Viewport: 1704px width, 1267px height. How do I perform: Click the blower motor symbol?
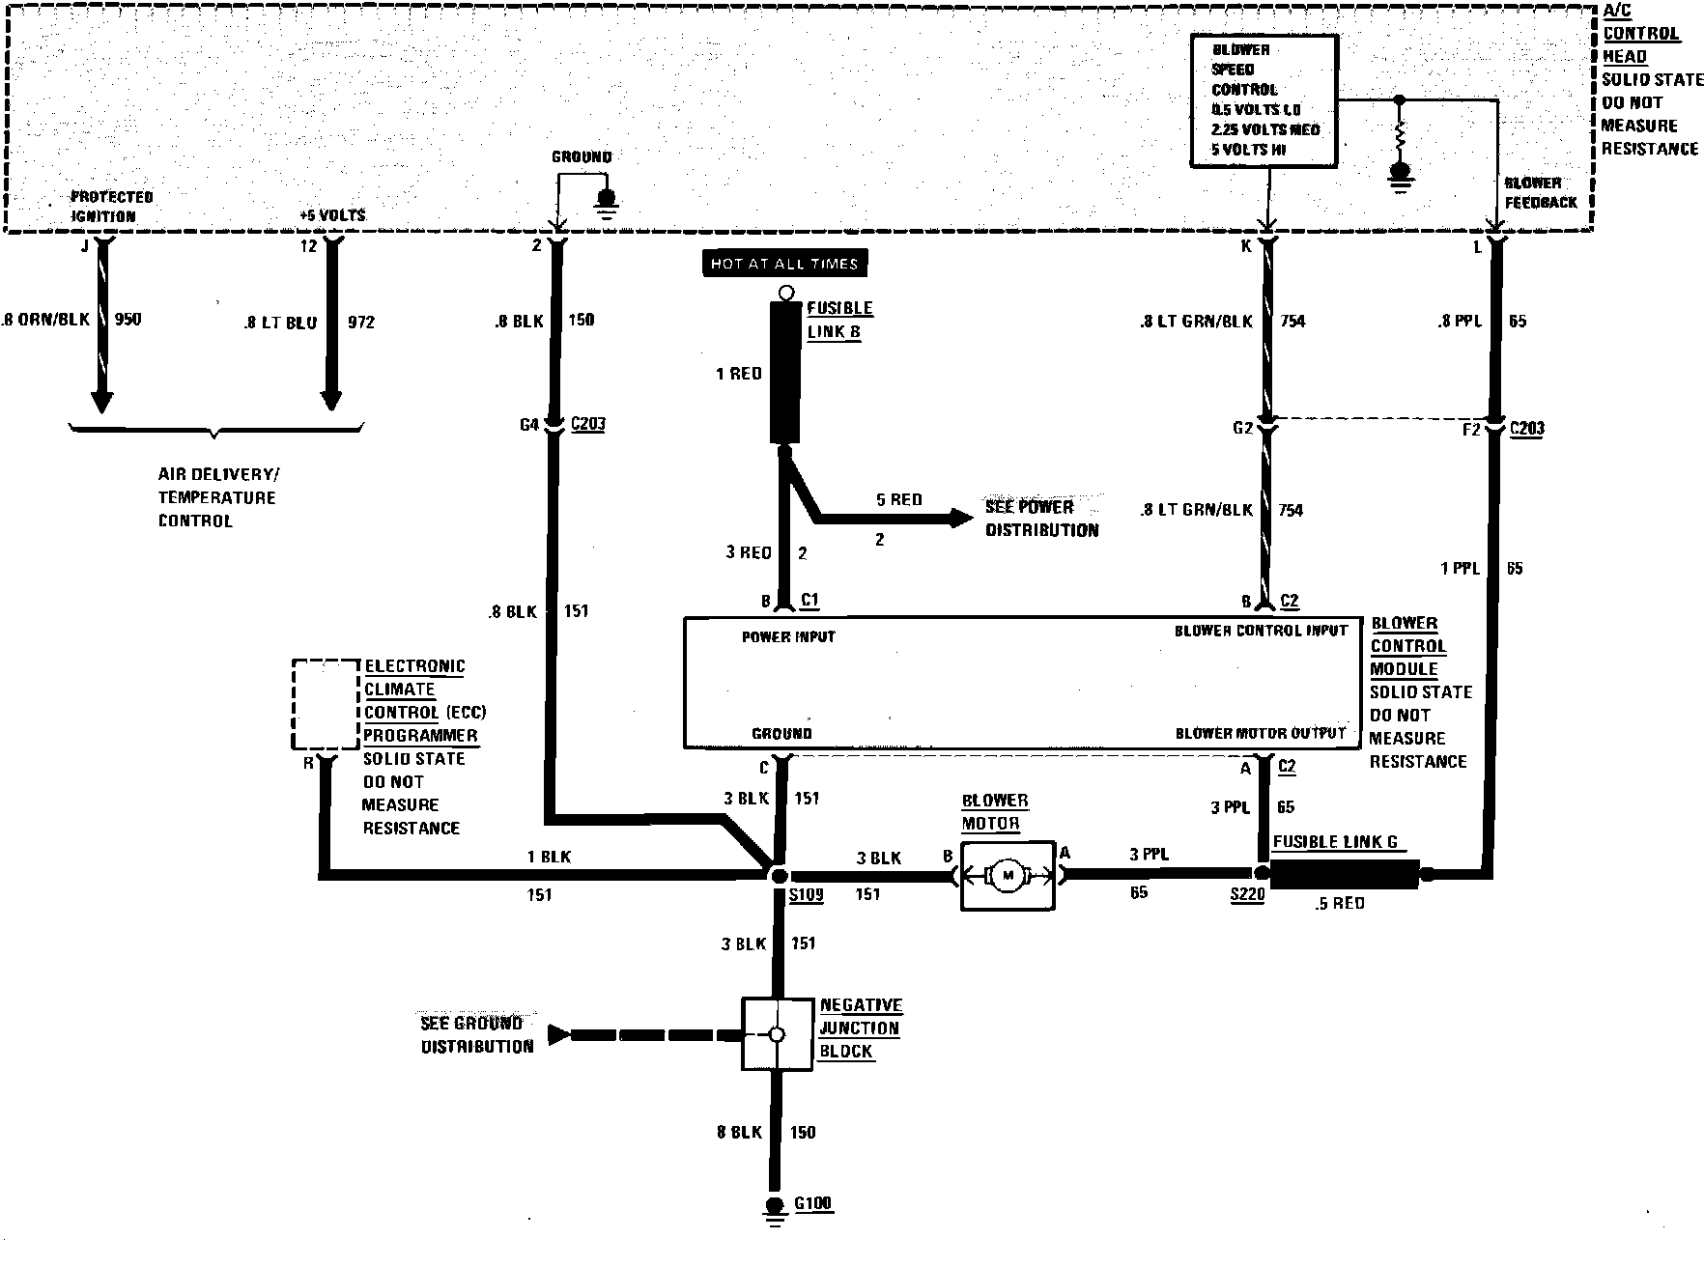1008,875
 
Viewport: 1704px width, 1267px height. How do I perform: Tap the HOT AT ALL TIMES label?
783,264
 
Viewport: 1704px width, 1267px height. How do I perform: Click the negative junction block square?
777,1034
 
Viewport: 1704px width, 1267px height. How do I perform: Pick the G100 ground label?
812,1204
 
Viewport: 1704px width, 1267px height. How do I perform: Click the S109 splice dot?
777,875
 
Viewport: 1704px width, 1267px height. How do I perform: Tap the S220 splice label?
1247,896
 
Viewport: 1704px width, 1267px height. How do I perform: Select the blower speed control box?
1264,100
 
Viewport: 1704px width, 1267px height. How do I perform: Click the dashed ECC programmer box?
327,705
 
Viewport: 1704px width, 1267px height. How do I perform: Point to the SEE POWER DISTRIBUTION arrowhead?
961,519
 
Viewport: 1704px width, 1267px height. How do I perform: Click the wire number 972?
360,323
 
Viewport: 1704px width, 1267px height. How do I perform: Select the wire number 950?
128,320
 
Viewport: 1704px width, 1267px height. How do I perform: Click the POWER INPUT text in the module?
788,637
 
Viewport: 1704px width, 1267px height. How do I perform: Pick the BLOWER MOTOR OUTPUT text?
1260,734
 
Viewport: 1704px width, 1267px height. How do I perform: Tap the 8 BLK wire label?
739,1132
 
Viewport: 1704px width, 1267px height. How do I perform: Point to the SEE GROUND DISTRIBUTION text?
476,1034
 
